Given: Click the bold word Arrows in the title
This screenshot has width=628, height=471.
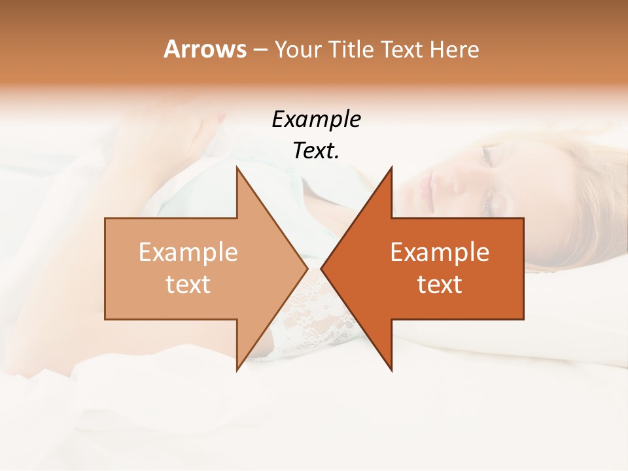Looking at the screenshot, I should tap(205, 49).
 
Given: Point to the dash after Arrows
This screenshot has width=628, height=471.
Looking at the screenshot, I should tap(260, 50).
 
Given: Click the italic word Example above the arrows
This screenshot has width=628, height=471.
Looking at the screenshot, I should tap(316, 119).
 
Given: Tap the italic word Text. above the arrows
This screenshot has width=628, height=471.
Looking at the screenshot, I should tap(316, 150).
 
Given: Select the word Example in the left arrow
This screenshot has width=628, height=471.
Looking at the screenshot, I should tap(188, 253).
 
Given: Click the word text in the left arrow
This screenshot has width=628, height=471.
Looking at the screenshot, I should tap(188, 284).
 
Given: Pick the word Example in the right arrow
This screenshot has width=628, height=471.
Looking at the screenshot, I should tap(440, 253).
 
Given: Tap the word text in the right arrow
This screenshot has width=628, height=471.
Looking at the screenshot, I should tap(440, 284).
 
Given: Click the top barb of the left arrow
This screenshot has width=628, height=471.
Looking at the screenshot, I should tap(238, 171).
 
